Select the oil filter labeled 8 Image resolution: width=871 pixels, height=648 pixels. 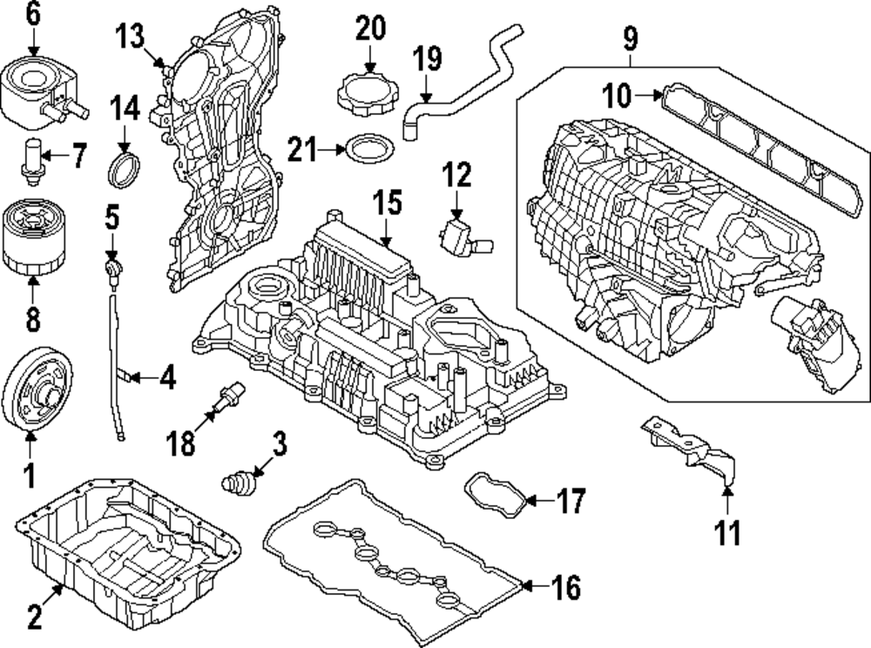[x=31, y=235]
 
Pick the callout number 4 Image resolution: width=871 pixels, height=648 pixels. [x=166, y=378]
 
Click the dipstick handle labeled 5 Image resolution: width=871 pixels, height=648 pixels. [x=111, y=266]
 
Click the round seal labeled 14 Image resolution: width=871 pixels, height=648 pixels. [x=124, y=167]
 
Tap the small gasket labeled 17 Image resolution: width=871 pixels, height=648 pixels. [x=492, y=494]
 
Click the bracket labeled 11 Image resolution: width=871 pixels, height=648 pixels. [x=692, y=453]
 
